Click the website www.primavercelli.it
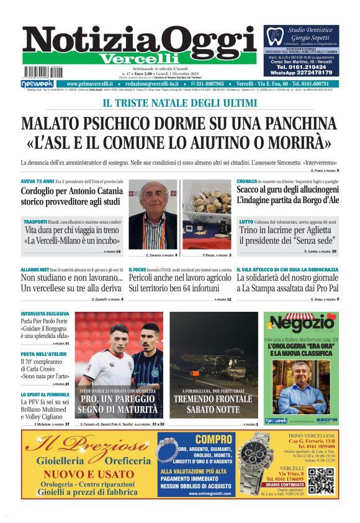tap(91, 84)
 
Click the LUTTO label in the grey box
tap(246, 222)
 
